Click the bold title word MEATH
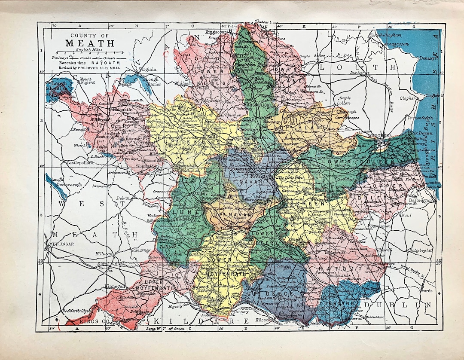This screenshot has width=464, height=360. (x=90, y=43)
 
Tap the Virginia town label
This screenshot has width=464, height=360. (x=147, y=69)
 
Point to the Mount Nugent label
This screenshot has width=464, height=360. (x=85, y=82)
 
